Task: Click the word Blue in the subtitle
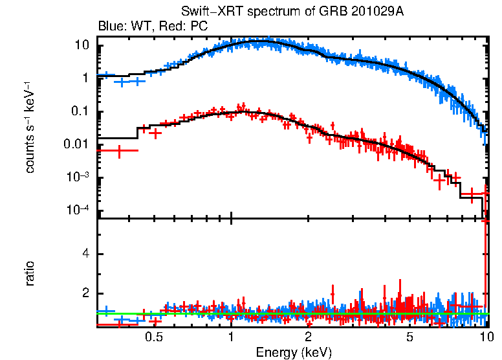109,27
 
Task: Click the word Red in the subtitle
171,27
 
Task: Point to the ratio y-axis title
30,273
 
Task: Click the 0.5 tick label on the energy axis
153,337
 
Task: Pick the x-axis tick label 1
231,337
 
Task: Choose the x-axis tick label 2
309,337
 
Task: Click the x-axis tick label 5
409,337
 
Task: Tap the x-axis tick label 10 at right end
486,337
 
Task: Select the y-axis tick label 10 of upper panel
82,45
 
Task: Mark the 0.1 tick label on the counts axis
79,111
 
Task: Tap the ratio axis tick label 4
84,254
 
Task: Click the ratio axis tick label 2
84,293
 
